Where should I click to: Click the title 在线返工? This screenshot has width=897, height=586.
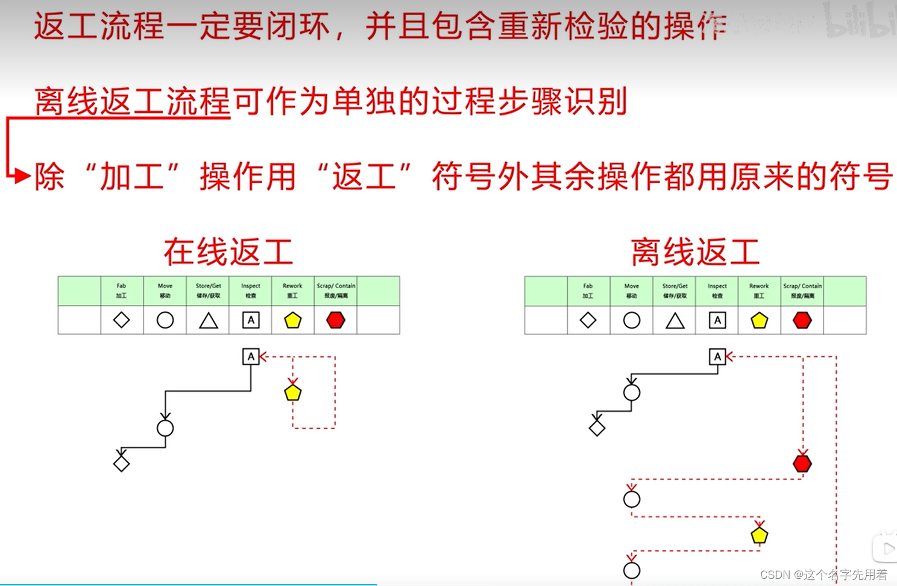[x=228, y=252]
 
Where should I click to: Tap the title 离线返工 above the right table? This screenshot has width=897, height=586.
[x=695, y=252]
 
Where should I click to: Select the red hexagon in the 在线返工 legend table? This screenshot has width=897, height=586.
[x=336, y=320]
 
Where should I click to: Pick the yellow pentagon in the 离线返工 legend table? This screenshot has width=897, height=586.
[x=760, y=321]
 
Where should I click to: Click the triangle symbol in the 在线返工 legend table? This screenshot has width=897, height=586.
[x=209, y=321]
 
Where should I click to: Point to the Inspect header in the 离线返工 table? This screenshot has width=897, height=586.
[x=717, y=291]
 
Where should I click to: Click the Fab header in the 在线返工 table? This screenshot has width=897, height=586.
[x=122, y=291]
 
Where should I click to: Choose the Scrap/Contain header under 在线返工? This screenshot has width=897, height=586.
[x=336, y=291]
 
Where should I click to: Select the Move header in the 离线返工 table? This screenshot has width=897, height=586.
[x=632, y=291]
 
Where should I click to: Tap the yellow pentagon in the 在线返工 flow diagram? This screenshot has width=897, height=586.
[x=293, y=393]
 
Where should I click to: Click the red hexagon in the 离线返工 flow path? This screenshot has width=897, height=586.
[x=802, y=464]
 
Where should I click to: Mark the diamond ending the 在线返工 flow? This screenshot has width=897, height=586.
[x=121, y=464]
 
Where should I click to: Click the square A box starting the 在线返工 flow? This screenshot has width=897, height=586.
[x=251, y=356]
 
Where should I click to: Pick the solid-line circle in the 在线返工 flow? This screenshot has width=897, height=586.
[x=165, y=428]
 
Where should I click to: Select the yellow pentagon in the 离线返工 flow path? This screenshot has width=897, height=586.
[x=760, y=535]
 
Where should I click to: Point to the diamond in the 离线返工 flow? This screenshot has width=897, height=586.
[x=597, y=428]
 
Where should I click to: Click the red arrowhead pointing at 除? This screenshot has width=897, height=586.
[x=23, y=176]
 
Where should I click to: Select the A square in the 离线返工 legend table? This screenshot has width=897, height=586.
[x=717, y=321]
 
